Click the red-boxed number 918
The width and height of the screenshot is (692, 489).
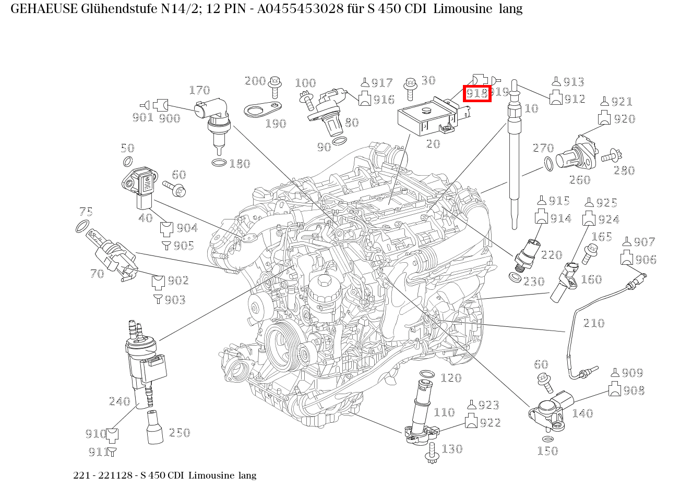tap(476, 93)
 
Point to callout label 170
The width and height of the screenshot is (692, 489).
tap(199, 91)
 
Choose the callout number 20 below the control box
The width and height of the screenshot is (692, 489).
tap(433, 144)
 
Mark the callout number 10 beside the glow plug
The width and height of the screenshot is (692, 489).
tap(531, 108)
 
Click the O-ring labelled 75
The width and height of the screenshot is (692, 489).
tap(82, 227)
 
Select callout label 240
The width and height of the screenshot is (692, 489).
tap(119, 401)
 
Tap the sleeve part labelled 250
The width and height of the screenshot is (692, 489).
tap(155, 427)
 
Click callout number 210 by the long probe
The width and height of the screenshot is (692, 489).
tap(593, 323)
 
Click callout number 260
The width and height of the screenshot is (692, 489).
tap(579, 180)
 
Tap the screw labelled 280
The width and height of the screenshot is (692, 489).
tap(611, 155)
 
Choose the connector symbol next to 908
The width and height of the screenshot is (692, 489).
tap(615, 389)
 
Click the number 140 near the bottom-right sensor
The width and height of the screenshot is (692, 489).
tap(582, 413)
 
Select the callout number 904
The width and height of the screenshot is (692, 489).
tap(187, 228)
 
